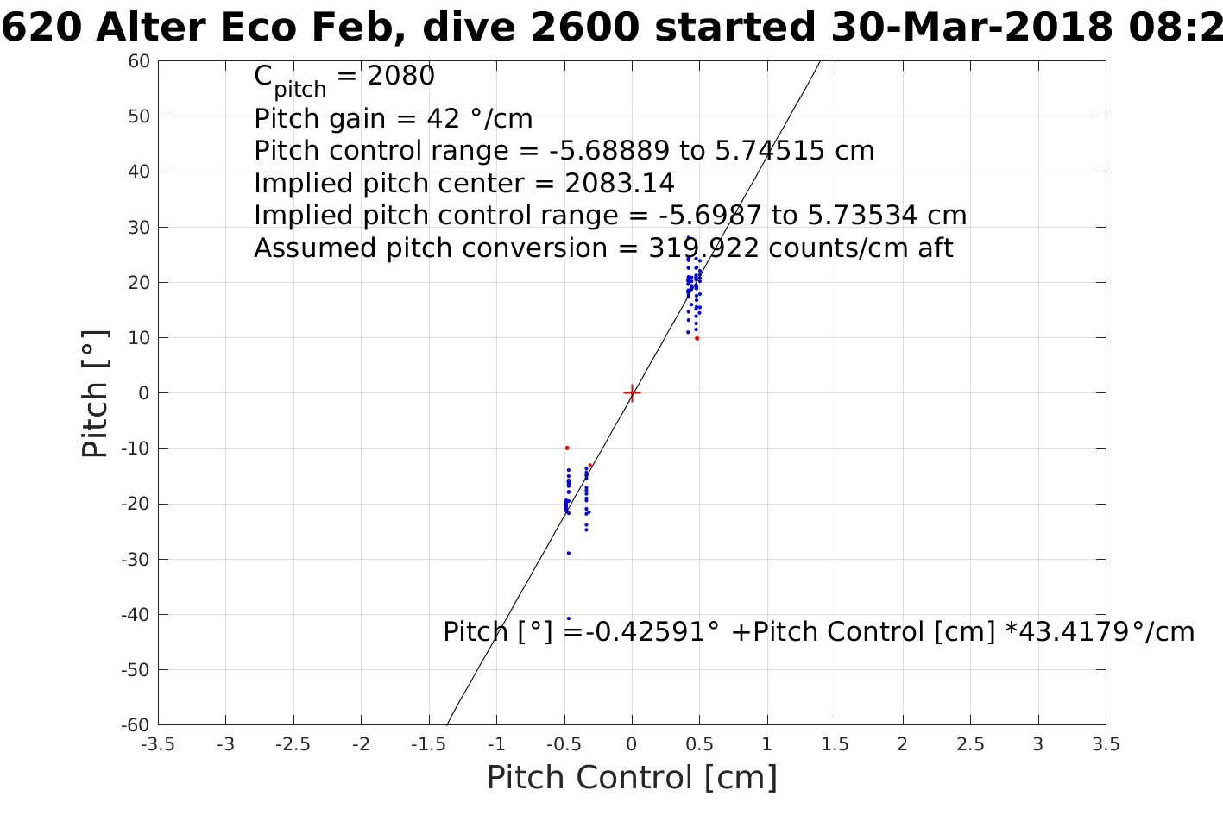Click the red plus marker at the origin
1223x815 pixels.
pyautogui.click(x=632, y=393)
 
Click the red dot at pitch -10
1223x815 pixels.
pyautogui.click(x=567, y=448)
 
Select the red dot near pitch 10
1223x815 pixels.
pyautogui.click(x=697, y=338)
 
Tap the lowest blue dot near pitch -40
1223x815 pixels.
pyautogui.click(x=568, y=618)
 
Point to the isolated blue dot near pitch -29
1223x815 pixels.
pyautogui.click(x=568, y=553)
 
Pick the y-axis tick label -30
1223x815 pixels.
pyautogui.click(x=136, y=559)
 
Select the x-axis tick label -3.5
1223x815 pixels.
pyautogui.click(x=157, y=744)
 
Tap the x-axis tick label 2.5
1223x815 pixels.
pyautogui.click(x=970, y=744)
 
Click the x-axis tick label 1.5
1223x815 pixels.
pyautogui.click(x=835, y=744)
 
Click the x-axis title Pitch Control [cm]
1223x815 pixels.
pyautogui.click(x=632, y=778)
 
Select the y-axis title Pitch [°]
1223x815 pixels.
pyautogui.click(x=95, y=393)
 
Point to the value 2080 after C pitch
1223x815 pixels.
pyautogui.click(x=400, y=77)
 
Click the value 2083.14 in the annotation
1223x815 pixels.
pyautogui.click(x=619, y=184)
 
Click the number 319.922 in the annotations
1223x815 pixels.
pyautogui.click(x=703, y=248)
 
